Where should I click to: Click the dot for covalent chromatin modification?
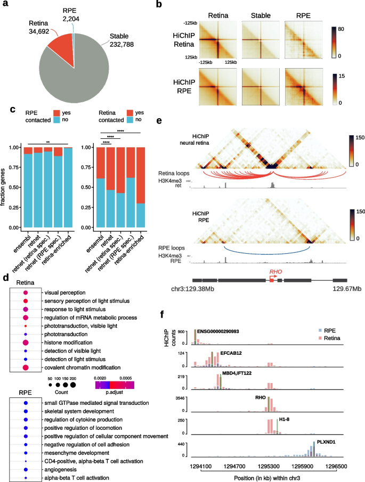[x=25, y=368]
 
